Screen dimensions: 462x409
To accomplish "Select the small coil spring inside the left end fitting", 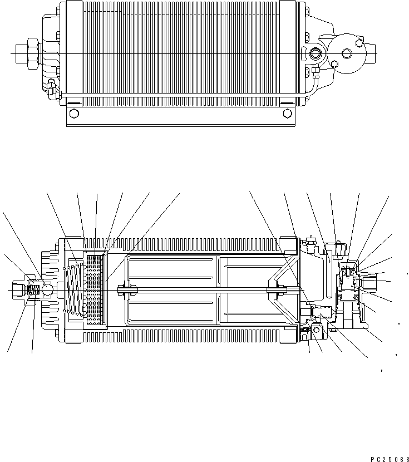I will click(x=35, y=290).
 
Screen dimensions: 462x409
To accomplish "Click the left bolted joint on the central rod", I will click(x=127, y=289).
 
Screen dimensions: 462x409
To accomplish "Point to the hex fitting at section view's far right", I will click(x=372, y=281).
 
